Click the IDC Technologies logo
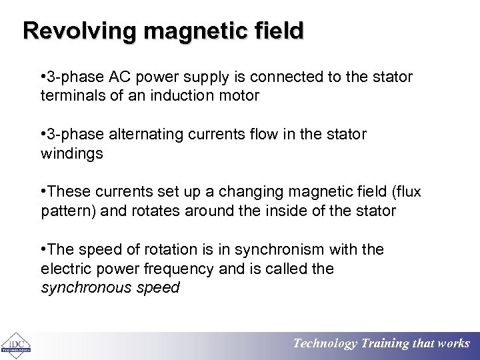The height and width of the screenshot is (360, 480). coord(14,344)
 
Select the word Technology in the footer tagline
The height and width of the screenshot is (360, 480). coord(325,344)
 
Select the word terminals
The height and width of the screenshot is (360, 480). coord(68,95)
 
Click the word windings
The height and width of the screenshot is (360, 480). coord(71,153)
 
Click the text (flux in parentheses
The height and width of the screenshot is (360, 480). coord(404,193)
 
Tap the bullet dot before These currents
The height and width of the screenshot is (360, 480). coord(43,193)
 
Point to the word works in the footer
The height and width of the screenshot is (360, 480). coord(453,344)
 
